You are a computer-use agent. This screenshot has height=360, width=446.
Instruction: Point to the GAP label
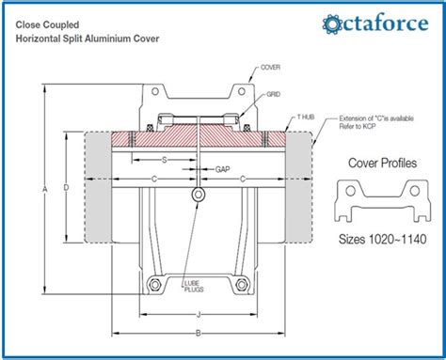click(222, 169)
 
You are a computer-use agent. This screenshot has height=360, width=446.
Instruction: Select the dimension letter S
click(166, 161)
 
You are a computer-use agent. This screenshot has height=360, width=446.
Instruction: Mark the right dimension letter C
click(245, 178)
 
